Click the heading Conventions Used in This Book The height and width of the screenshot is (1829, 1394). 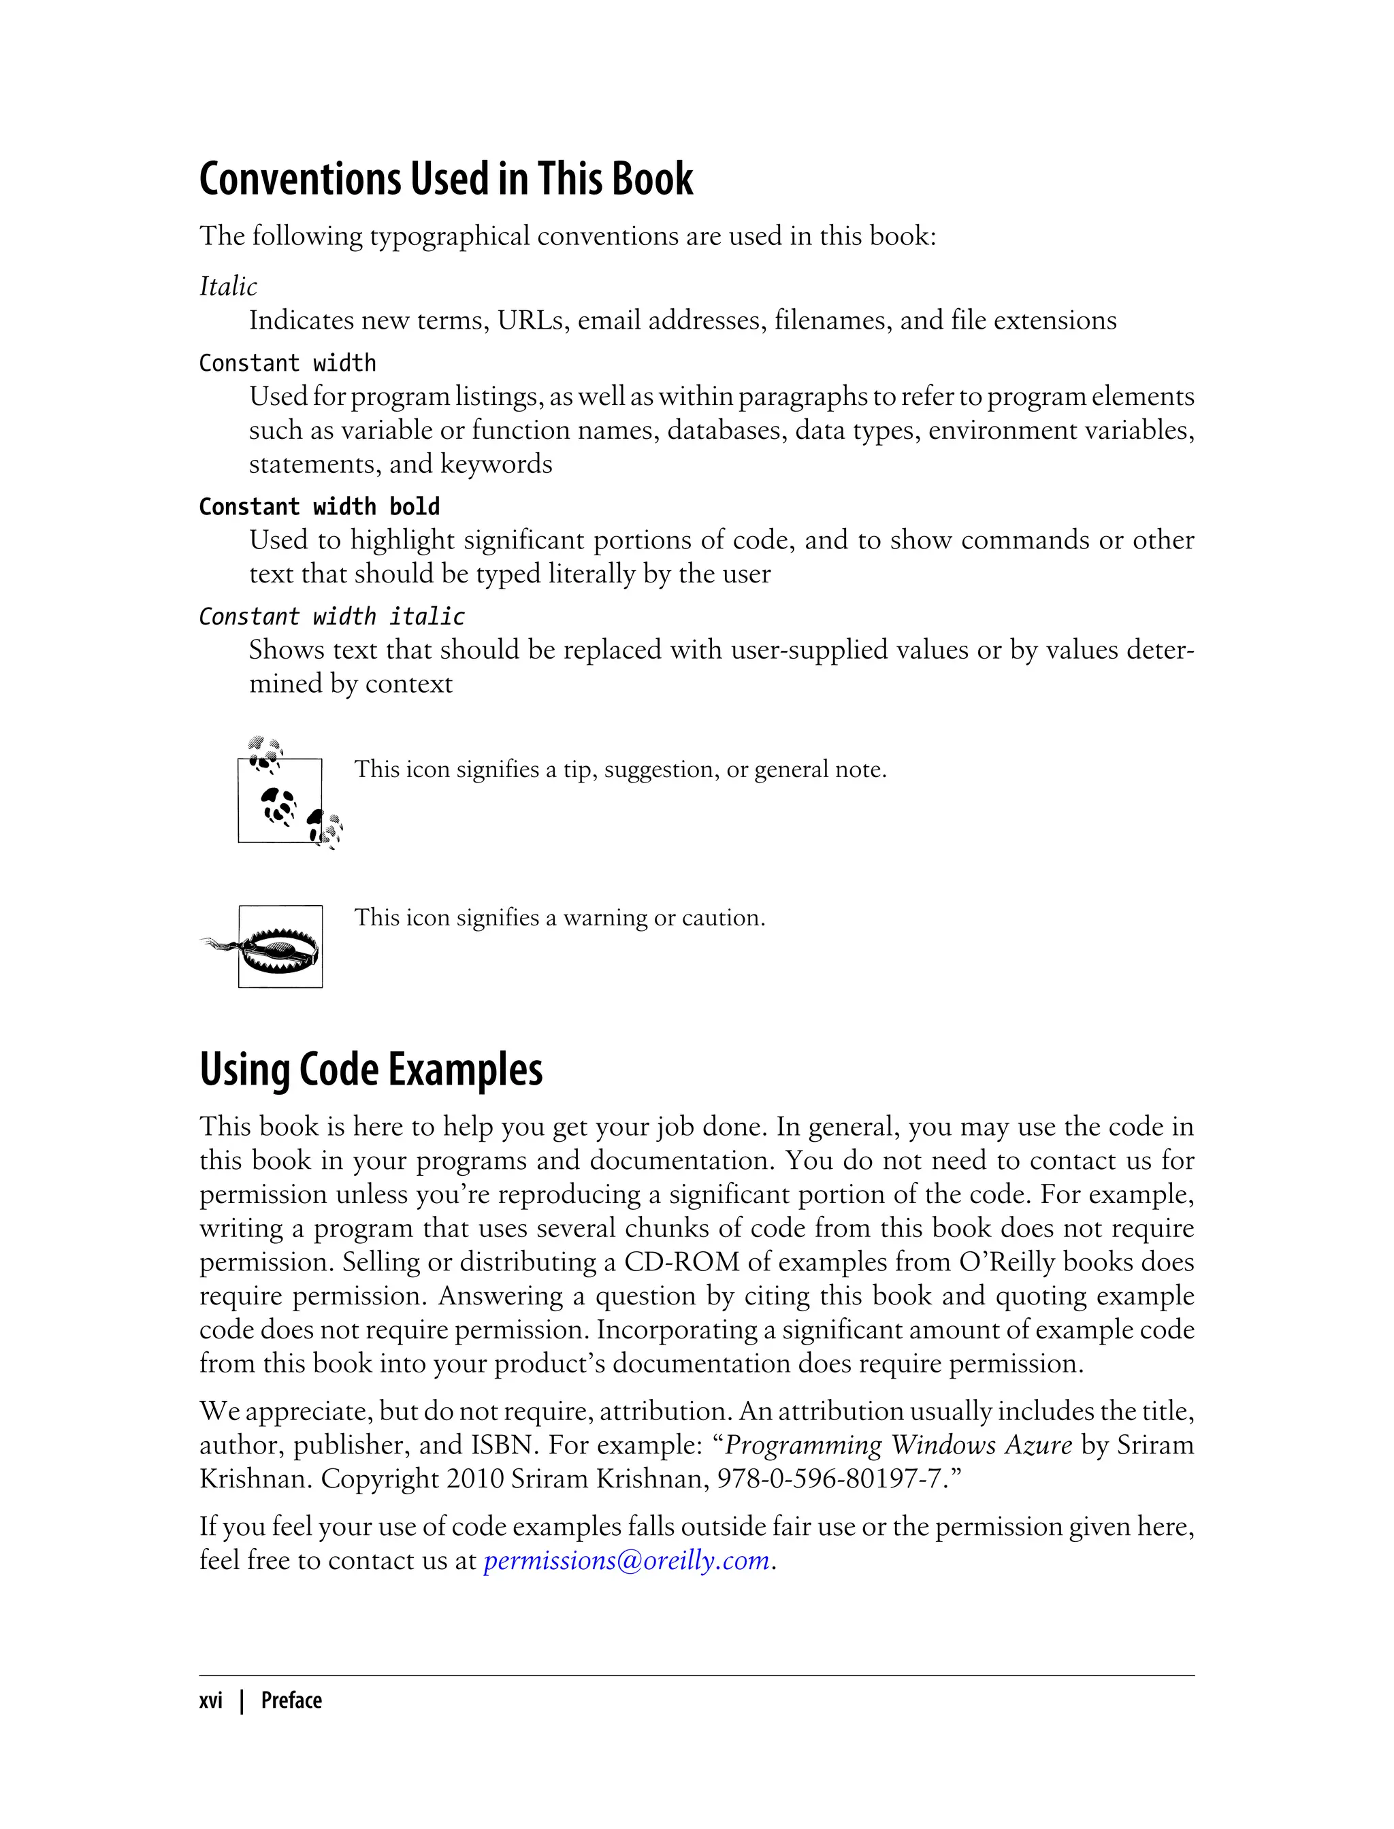pos(446,179)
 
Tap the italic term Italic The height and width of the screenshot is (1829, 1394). pos(228,286)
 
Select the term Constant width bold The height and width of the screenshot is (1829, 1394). pos(319,507)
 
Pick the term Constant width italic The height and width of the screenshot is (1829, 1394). pos(332,616)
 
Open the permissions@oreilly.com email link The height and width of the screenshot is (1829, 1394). pos(626,1560)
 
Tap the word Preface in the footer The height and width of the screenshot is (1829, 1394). pos(291,1700)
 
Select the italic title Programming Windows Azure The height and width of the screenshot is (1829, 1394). pos(898,1445)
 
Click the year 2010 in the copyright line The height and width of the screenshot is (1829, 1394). pos(474,1479)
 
